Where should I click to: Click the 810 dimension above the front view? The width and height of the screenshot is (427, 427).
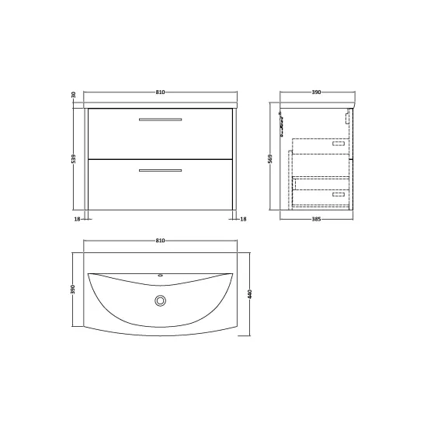[x=160, y=92]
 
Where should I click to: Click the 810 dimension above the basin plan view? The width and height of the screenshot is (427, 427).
[x=160, y=241]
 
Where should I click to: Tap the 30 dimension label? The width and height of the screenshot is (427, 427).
[x=73, y=95]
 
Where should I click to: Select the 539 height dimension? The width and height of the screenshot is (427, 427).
[x=73, y=158]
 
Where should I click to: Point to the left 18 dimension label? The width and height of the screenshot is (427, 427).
[x=78, y=219]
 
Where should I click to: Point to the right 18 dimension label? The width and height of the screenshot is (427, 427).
[x=244, y=219]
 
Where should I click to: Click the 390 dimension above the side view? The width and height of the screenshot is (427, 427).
[x=316, y=92]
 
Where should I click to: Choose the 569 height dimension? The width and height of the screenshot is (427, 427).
[x=270, y=158]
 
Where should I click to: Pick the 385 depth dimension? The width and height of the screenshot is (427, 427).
[x=316, y=219]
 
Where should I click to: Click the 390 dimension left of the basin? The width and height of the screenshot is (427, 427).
[x=73, y=290]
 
